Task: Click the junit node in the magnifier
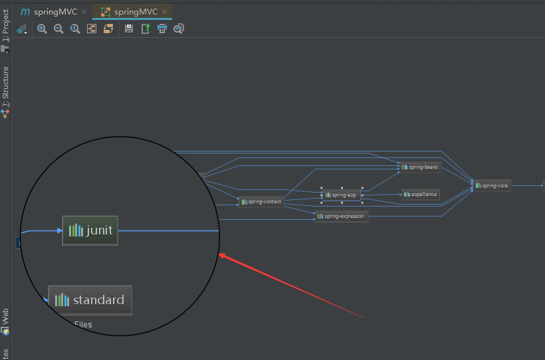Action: (x=90, y=230)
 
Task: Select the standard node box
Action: (x=90, y=300)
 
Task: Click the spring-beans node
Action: (x=420, y=167)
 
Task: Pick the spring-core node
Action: (x=492, y=185)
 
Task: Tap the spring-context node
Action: (x=261, y=201)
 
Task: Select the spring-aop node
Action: (x=342, y=195)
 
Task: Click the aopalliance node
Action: (x=420, y=194)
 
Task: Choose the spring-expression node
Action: (x=341, y=216)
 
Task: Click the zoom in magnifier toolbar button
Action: (x=42, y=29)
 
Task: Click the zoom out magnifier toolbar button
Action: (x=58, y=29)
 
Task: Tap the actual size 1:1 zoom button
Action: (x=75, y=29)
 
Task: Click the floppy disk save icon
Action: (x=129, y=29)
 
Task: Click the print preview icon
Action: (x=179, y=29)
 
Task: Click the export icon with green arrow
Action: (x=146, y=29)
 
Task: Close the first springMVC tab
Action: (x=84, y=12)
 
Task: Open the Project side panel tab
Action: (x=5, y=27)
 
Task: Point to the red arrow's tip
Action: (x=219, y=254)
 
